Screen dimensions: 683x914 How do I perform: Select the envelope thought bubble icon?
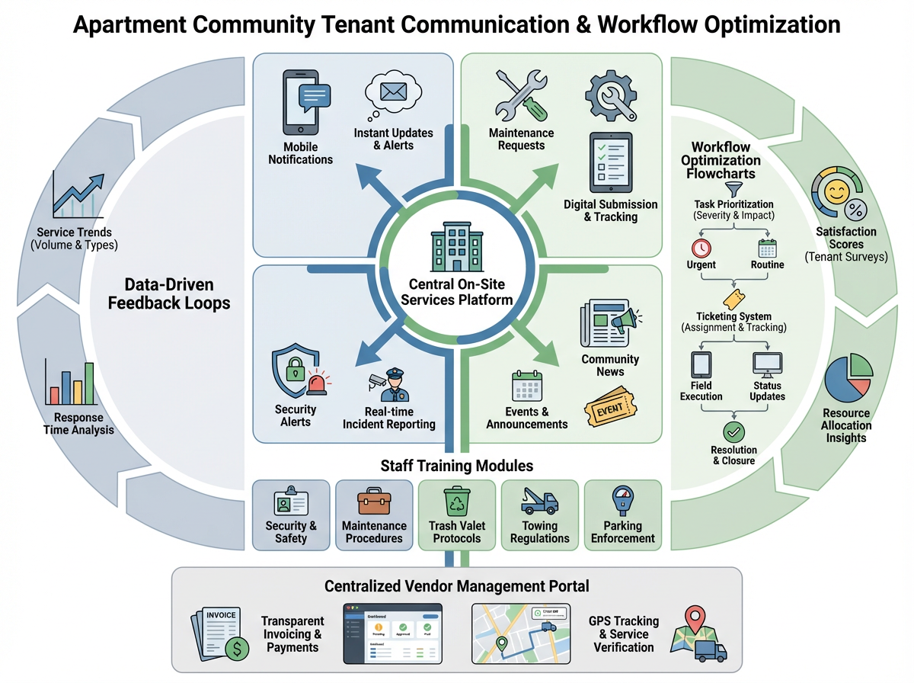392,95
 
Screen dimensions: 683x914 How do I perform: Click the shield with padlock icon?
293,371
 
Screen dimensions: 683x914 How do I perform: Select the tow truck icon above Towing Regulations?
539,502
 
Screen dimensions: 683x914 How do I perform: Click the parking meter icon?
622,502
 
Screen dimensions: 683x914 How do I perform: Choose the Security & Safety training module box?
291,515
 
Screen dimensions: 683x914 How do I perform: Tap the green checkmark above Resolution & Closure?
733,432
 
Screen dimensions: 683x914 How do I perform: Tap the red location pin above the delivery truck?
693,618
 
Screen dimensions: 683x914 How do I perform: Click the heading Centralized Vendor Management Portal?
456,586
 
